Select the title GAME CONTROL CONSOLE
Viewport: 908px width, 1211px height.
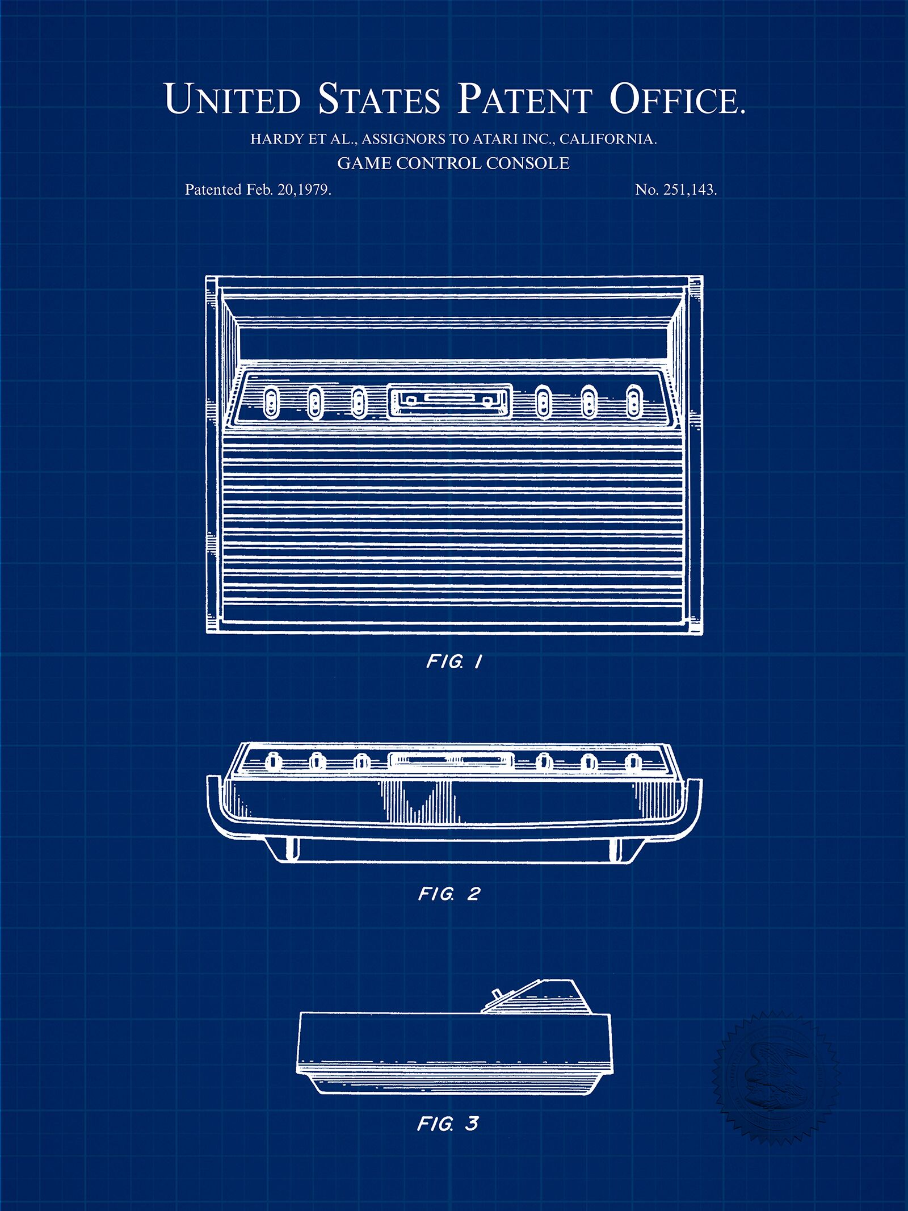pos(453,164)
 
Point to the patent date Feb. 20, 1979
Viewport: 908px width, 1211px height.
pos(288,190)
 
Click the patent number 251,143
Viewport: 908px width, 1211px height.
pos(690,190)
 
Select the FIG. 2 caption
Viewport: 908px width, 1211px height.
pos(449,894)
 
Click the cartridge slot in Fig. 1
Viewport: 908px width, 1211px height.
pos(450,401)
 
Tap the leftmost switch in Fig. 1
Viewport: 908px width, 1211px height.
pos(271,402)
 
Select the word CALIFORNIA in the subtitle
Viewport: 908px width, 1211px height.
pos(608,139)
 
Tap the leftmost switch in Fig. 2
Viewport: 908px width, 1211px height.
pos(272,761)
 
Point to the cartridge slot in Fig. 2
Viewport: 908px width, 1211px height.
pos(452,761)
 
